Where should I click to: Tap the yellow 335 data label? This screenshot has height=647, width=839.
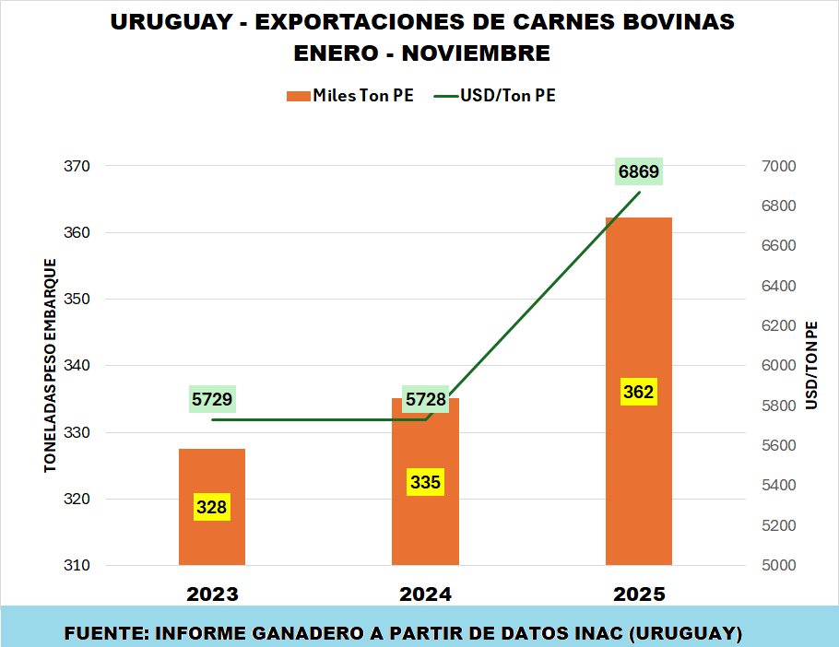[425, 481]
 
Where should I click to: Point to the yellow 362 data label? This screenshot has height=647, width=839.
[638, 392]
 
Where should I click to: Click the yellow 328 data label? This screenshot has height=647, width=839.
[212, 506]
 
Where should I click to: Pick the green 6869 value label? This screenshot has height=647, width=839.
[639, 172]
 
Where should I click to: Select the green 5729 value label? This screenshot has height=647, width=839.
[212, 399]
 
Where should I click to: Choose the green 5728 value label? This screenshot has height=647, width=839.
[426, 399]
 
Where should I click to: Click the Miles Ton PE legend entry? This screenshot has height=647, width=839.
[350, 96]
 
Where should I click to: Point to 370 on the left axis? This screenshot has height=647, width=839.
[77, 167]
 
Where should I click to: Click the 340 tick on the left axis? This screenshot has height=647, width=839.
[77, 366]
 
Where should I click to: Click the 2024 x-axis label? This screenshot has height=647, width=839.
[425, 594]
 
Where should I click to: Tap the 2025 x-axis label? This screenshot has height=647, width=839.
[638, 594]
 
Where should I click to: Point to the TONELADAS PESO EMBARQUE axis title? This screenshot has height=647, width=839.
[52, 366]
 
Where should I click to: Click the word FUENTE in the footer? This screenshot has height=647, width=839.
[103, 634]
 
